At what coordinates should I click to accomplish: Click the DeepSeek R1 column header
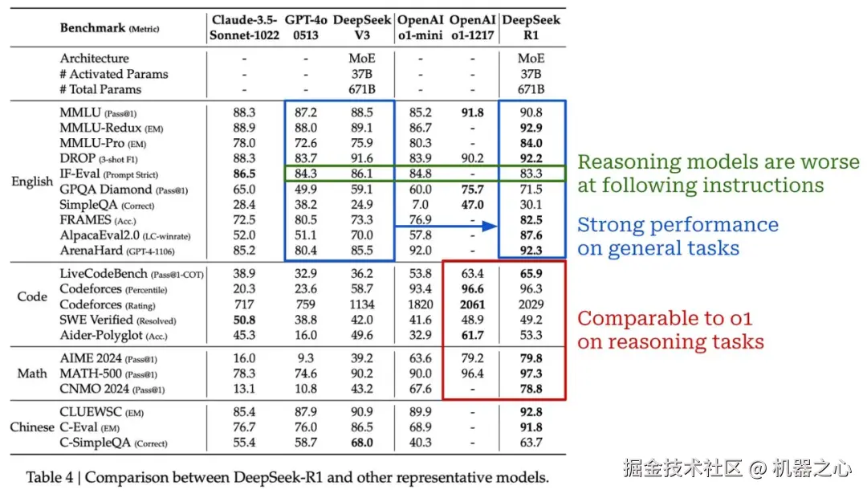[x=531, y=28]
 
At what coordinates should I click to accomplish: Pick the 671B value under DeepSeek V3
[x=361, y=89]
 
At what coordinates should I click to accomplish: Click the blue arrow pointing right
[x=446, y=227]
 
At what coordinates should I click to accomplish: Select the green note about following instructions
[x=718, y=174]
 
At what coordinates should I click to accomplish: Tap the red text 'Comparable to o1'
[x=665, y=318]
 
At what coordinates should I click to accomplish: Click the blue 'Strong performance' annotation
[x=678, y=236]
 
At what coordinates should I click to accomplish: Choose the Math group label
[x=32, y=374]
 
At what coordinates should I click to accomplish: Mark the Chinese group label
[x=32, y=427]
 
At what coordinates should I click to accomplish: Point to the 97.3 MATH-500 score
[x=531, y=374]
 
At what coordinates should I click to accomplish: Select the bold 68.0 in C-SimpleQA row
[x=361, y=443]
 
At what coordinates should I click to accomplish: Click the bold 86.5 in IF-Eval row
[x=243, y=174]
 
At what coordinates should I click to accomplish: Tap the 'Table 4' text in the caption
[x=54, y=477]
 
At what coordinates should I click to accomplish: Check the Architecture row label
[x=94, y=59]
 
